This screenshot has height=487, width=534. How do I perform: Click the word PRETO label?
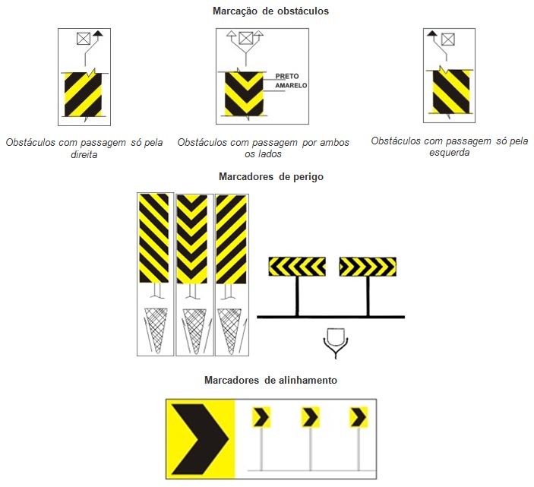(287, 76)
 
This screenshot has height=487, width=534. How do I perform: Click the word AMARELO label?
(291, 86)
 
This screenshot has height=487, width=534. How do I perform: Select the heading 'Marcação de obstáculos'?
(270, 11)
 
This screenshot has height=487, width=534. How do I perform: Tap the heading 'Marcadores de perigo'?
(270, 176)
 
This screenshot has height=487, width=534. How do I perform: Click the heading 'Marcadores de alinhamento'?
(270, 380)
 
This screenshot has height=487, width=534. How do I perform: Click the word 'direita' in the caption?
(84, 155)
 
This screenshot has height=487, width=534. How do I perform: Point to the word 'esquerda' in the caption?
(449, 153)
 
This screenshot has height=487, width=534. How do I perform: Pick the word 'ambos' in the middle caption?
(334, 142)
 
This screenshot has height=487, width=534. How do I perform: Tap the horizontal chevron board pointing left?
(297, 267)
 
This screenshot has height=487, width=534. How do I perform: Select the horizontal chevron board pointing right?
(368, 267)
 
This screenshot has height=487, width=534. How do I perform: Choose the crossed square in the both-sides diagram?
(245, 38)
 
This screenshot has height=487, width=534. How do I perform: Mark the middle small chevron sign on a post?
(310, 417)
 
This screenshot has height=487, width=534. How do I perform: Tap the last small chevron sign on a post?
(359, 417)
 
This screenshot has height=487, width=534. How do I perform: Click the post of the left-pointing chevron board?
(297, 296)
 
